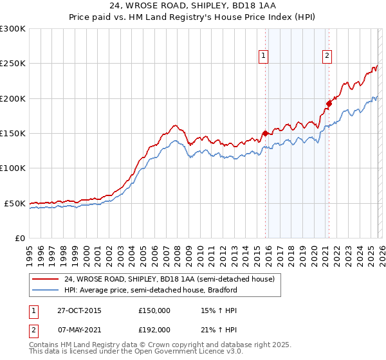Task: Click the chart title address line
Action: click(193, 6)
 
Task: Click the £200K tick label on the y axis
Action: click(13, 98)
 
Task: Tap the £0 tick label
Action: click(20, 238)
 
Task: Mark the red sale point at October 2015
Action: click(265, 134)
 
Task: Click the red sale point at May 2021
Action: click(328, 104)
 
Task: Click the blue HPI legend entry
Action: click(151, 290)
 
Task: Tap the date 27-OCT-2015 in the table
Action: click(75, 310)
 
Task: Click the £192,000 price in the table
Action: click(154, 330)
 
